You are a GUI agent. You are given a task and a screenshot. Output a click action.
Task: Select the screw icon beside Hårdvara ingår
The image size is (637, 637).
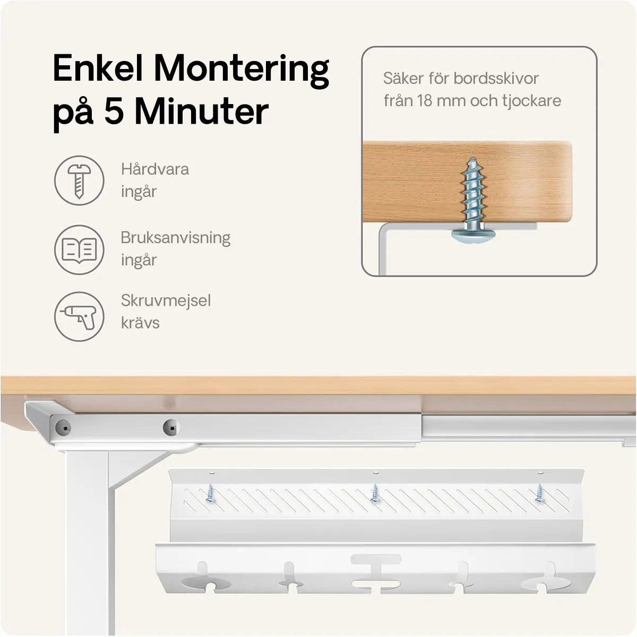pos(79,181)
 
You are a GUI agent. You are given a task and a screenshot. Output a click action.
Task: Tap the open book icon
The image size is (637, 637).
pos(79,250)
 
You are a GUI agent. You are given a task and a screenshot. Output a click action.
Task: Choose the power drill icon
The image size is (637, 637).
pos(79,317)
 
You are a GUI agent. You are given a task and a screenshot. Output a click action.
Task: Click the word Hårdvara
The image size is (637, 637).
pos(154,169)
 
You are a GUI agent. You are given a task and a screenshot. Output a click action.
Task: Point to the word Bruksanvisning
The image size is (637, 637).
pos(176,238)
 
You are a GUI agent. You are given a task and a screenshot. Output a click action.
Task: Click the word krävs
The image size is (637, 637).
pos(140,323)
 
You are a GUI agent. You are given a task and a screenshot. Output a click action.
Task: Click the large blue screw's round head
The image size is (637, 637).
pos(474,236)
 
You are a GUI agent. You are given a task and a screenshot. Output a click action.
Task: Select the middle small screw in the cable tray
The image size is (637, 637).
pos(375,494)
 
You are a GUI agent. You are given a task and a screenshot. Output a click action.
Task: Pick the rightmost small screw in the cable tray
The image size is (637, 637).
pos(539,494)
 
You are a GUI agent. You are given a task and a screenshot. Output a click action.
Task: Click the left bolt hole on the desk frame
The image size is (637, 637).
pos(63,428)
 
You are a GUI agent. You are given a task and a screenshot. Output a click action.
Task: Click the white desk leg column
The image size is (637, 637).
pos(87,542)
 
